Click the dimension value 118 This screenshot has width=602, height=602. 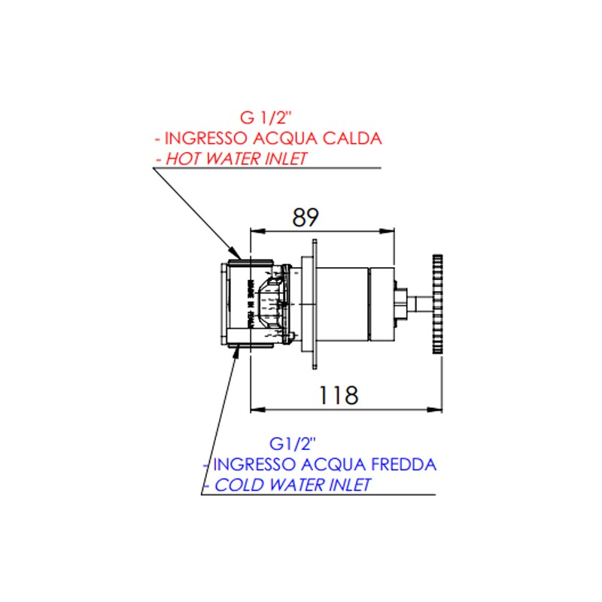point(336,394)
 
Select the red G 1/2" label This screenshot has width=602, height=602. point(264,117)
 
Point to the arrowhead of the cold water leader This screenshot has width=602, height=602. point(232,350)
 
